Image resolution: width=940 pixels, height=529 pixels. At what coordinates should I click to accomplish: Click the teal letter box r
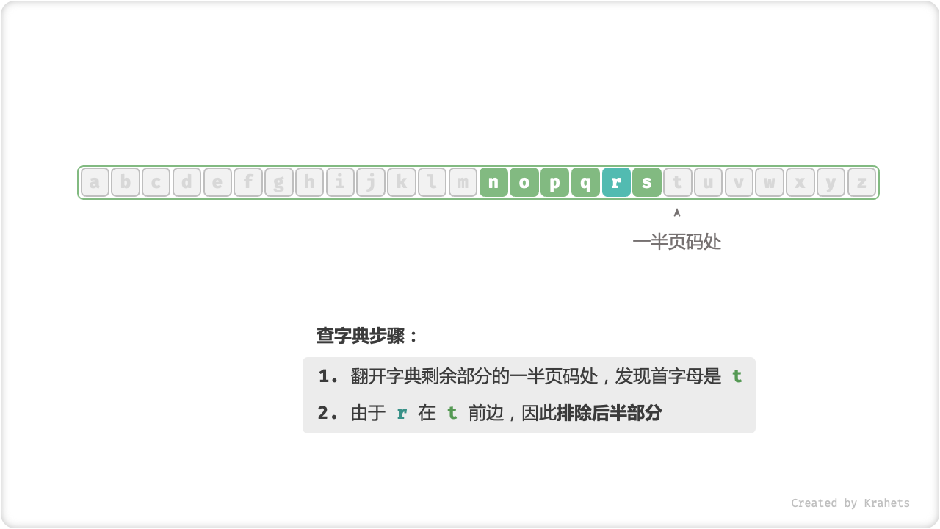pyautogui.click(x=616, y=182)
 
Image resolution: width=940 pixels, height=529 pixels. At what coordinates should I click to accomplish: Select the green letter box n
pyautogui.click(x=493, y=182)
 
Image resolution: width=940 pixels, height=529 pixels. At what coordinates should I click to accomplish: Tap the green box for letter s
pyautogui.click(x=647, y=182)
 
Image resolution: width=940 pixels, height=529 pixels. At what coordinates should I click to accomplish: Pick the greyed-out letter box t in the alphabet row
pyautogui.click(x=677, y=182)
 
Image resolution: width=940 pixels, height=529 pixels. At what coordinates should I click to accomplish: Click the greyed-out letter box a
pyautogui.click(x=95, y=182)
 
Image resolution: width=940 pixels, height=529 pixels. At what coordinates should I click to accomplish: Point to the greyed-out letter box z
pyautogui.click(x=861, y=182)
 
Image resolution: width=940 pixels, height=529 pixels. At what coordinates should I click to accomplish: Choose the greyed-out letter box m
pyautogui.click(x=463, y=182)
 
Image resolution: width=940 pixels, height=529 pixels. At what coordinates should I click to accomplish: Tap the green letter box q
pyautogui.click(x=585, y=182)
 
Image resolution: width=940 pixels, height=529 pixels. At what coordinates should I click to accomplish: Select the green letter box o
pyautogui.click(x=524, y=182)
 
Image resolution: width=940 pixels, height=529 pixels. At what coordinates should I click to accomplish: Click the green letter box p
pyautogui.click(x=554, y=182)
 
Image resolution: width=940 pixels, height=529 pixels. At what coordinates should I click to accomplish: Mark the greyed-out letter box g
pyautogui.click(x=278, y=182)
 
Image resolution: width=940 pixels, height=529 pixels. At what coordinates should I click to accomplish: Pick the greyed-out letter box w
pyautogui.click(x=770, y=182)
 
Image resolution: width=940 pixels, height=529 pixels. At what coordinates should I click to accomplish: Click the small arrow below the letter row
pyautogui.click(x=677, y=213)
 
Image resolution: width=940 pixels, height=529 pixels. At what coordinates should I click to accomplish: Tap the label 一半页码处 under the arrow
pyautogui.click(x=677, y=242)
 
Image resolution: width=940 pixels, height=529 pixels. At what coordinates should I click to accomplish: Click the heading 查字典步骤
pyautogui.click(x=361, y=336)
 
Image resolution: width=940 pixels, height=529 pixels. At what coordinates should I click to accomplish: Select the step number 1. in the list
pyautogui.click(x=328, y=376)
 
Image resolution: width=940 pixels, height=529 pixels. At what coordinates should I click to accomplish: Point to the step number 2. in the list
pyautogui.click(x=328, y=413)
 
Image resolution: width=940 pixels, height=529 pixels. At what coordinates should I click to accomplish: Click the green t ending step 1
pyautogui.click(x=737, y=376)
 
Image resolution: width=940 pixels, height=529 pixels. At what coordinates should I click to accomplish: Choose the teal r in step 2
pyautogui.click(x=402, y=414)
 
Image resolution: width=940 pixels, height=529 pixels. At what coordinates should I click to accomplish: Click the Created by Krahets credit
pyautogui.click(x=850, y=503)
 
